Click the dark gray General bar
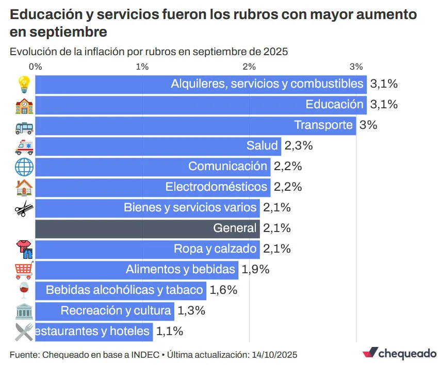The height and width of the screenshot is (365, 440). (147, 228)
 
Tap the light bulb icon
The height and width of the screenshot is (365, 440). (24, 84)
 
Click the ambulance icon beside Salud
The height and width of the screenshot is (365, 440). (24, 146)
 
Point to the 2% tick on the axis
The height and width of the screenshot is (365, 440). (249, 67)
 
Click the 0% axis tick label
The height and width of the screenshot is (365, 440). (35, 67)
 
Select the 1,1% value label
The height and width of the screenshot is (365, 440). (170, 331)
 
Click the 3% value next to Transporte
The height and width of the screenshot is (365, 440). (368, 125)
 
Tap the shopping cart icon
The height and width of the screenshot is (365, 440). (24, 270)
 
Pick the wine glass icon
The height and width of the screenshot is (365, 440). (24, 290)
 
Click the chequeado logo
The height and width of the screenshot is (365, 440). (399, 353)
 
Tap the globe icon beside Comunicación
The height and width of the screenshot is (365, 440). (24, 167)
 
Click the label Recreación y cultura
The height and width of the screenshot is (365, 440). (116, 311)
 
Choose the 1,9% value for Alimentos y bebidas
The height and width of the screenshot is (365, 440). (255, 270)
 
